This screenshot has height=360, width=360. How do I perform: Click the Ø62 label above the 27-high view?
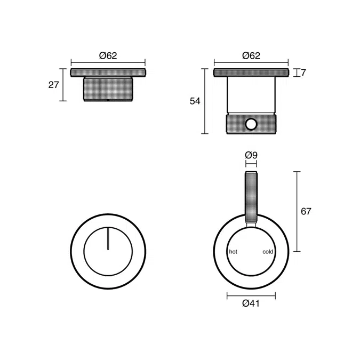pos(108,55)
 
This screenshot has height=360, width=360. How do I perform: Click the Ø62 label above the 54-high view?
pos(251,55)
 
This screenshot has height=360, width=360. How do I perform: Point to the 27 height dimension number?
pos(53,84)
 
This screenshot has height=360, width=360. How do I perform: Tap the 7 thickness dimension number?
pos(303,73)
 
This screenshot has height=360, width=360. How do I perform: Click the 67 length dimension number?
pos(306,211)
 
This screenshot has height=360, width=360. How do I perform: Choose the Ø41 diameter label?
pos(251,303)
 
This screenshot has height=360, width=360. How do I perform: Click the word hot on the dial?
pos(233,251)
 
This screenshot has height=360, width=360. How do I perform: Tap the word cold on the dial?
pos(268,251)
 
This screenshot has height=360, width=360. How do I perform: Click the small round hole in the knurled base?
pos(251,124)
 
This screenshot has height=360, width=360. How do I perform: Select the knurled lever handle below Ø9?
pos(251,197)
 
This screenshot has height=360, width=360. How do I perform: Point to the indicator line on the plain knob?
pos(108,238)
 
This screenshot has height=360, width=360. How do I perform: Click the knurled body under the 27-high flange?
pos(108,89)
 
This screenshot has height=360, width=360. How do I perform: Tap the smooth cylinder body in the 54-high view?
pos(251,95)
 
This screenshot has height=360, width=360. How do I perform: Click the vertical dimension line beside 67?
pos(297,211)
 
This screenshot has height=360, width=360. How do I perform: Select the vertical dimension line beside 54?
pos(204,101)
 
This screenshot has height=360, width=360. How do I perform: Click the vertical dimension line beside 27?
pos(63,84)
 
